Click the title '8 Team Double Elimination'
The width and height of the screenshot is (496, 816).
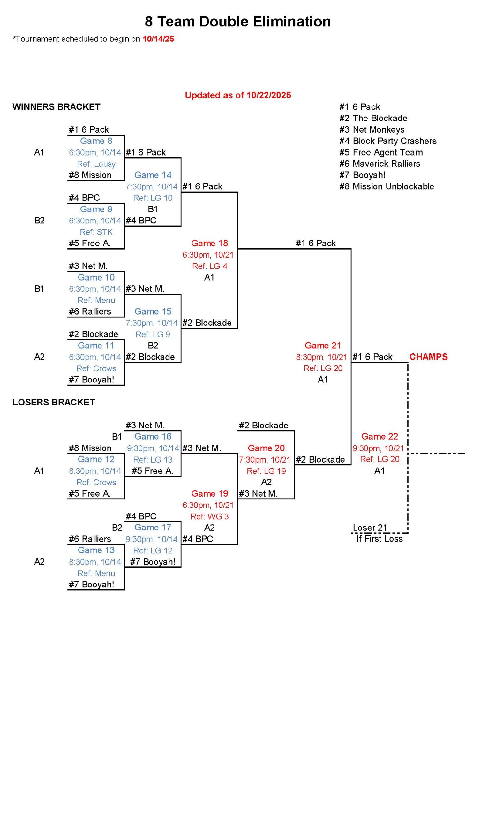point(238,22)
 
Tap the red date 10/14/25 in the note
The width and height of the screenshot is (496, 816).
point(158,39)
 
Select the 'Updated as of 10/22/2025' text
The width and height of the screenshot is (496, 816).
point(238,95)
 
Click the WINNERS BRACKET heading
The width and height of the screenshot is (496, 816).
point(56,107)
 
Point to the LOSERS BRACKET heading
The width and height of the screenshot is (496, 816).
point(54,402)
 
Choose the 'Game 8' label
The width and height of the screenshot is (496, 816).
point(96,141)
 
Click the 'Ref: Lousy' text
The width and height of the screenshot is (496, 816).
point(96,164)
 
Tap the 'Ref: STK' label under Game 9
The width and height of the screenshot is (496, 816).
point(96,232)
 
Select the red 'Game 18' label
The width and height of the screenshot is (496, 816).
point(210,244)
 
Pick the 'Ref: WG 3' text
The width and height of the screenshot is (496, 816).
point(210,517)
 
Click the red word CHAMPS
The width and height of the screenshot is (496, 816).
point(428,357)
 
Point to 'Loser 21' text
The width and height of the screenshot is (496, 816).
point(370,528)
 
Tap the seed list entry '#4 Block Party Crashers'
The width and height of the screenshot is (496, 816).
point(387,141)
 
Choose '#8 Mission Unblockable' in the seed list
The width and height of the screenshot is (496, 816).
point(387,186)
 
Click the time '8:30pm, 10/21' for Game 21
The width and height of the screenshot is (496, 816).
point(321,357)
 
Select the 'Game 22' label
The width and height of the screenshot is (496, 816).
point(379,436)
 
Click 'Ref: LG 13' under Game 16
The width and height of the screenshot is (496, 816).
point(153,460)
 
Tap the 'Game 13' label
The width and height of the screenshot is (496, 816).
point(96,550)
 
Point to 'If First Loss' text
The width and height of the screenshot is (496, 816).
point(379,539)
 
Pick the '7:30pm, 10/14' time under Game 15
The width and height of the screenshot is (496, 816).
point(152,323)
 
